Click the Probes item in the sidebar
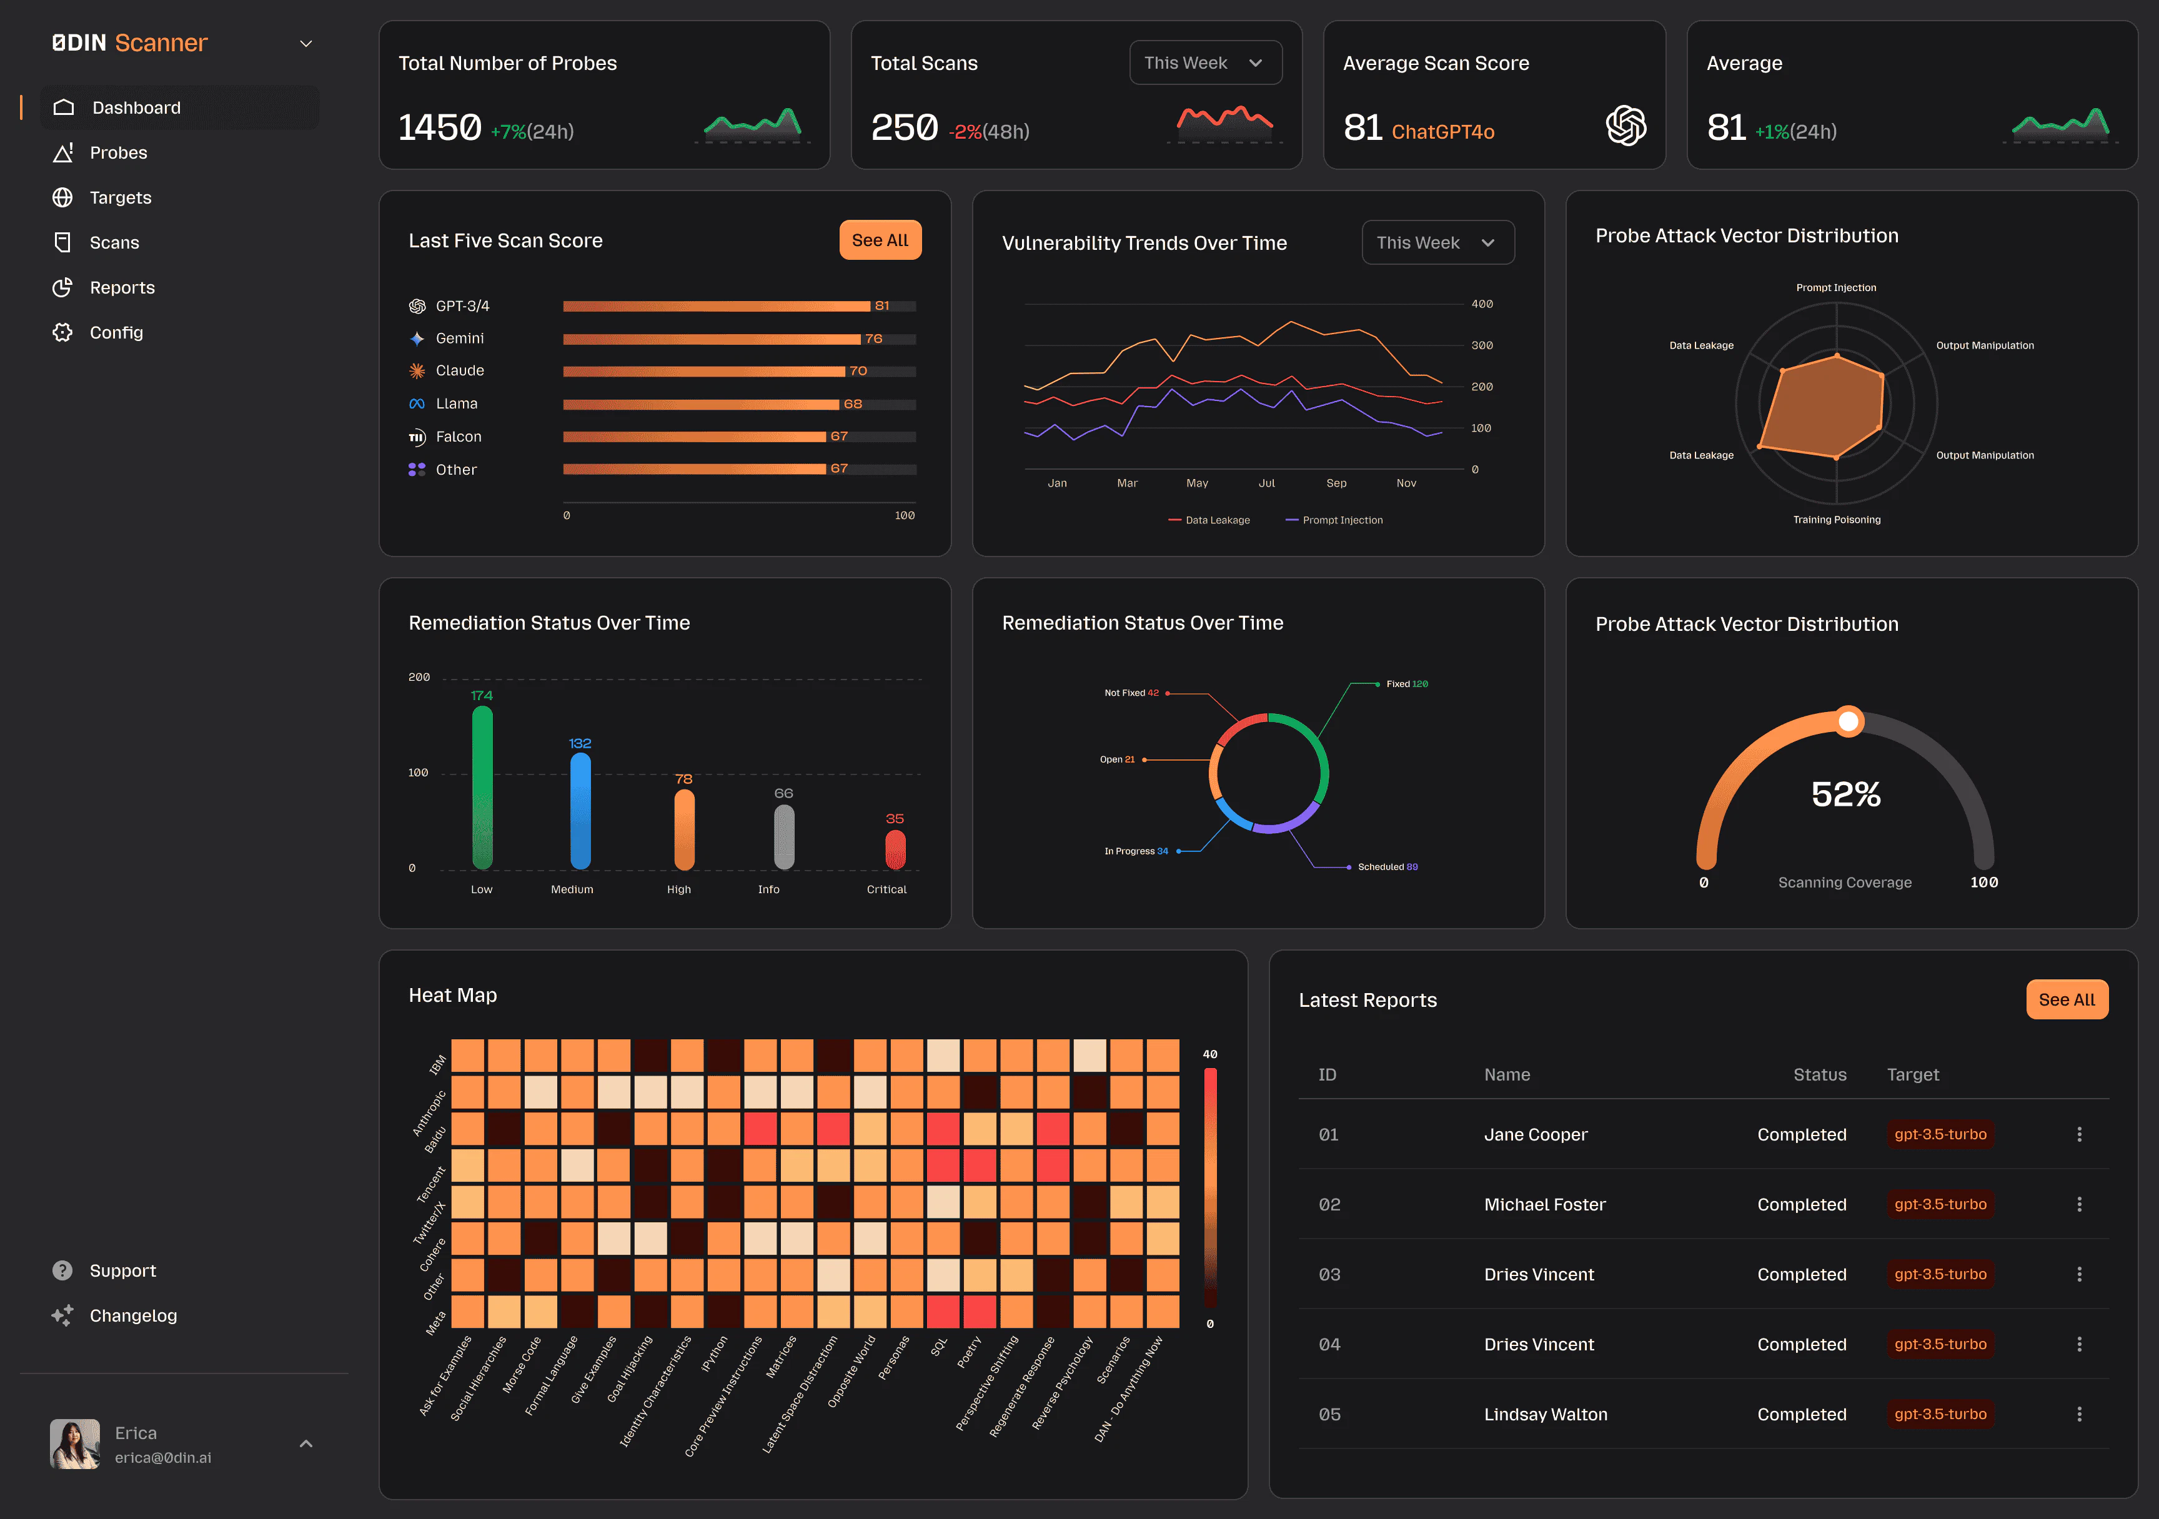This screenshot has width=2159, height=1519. (x=117, y=153)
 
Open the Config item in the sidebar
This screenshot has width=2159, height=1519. (x=116, y=333)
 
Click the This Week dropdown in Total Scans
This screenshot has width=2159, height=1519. (x=1204, y=63)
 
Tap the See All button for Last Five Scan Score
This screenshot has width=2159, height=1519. (x=879, y=240)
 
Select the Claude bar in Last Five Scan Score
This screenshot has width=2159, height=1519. (x=703, y=371)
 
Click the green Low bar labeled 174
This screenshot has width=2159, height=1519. (x=482, y=788)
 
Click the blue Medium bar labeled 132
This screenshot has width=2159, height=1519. (x=580, y=810)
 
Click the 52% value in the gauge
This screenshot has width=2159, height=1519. (x=1845, y=795)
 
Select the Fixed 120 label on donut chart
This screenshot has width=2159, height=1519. (x=1406, y=685)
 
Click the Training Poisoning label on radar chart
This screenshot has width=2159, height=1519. (x=1835, y=520)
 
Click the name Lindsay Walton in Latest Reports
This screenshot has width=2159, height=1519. (x=1545, y=1415)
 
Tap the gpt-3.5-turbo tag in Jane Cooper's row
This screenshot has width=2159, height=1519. (x=1939, y=1134)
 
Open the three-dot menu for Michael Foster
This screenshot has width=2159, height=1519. (x=2078, y=1205)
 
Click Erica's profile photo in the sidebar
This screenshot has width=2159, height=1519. (x=74, y=1444)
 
